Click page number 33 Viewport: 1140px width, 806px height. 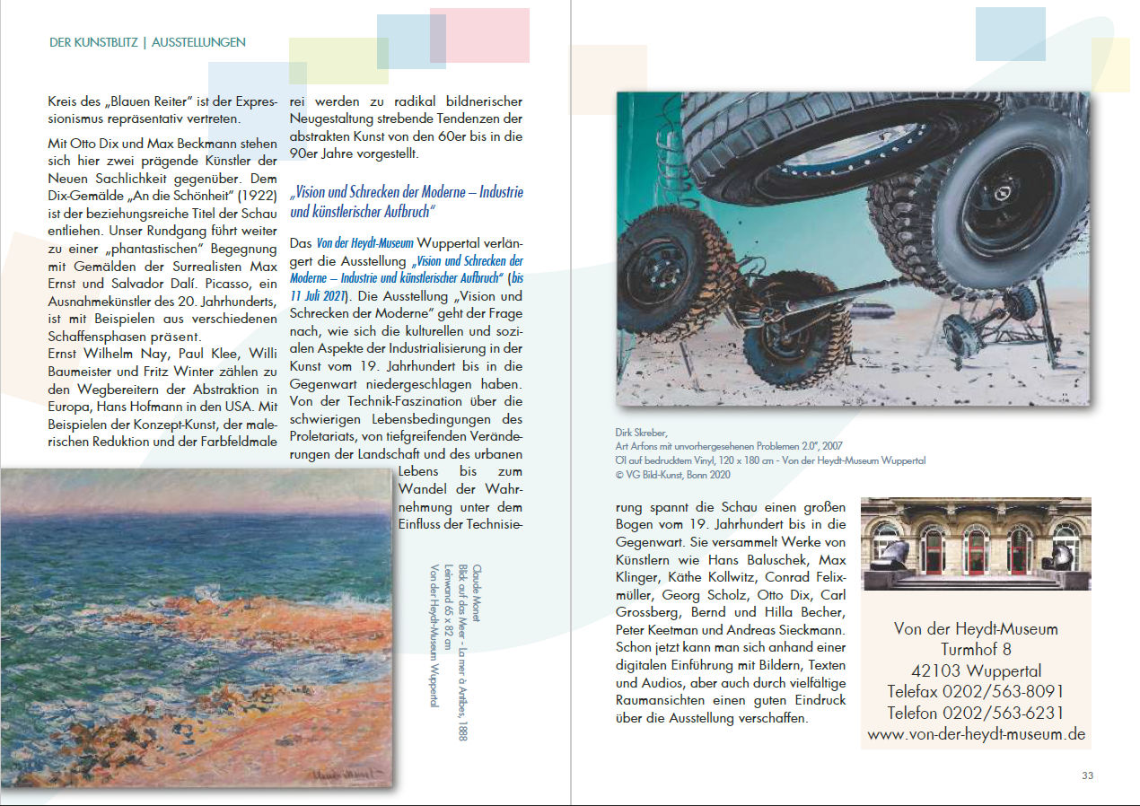(1087, 775)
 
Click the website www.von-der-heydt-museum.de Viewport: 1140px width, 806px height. (976, 734)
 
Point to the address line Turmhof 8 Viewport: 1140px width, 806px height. (976, 649)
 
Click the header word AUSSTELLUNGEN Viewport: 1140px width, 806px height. (198, 42)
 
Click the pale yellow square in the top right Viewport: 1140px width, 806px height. (1110, 65)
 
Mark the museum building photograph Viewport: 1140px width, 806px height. (976, 544)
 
